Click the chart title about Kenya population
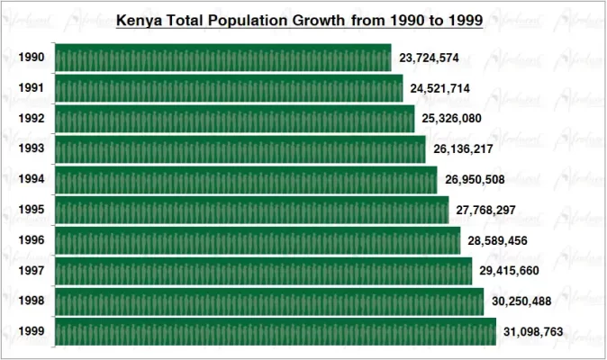click(x=300, y=19)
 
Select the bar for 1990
click(x=223, y=58)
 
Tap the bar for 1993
click(x=240, y=149)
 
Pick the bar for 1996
click(x=258, y=240)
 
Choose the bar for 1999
click(x=276, y=331)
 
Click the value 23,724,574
click(x=430, y=58)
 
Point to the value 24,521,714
click(x=440, y=89)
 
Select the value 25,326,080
click(x=452, y=119)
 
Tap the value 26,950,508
click(x=475, y=180)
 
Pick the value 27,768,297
click(x=486, y=211)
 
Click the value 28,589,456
click(x=498, y=240)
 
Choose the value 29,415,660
click(x=510, y=271)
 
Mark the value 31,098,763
click(x=533, y=332)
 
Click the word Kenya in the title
click(x=138, y=19)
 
